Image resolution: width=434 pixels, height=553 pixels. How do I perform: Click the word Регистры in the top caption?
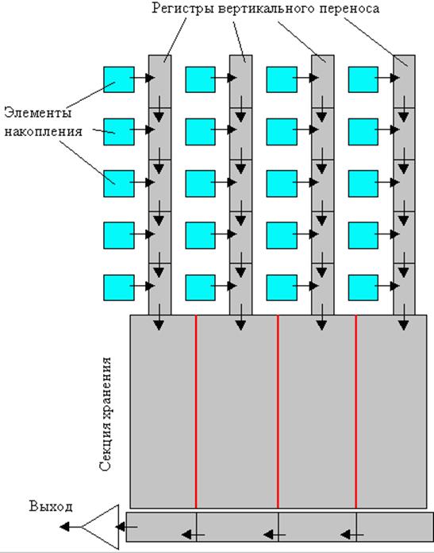coord(182,9)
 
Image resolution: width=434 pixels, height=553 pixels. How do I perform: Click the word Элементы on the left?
coord(38,113)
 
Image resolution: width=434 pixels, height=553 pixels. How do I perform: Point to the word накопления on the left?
coord(44,132)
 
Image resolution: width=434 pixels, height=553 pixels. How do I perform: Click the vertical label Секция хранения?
coord(106,414)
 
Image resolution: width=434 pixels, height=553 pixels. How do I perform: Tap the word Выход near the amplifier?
coord(51,506)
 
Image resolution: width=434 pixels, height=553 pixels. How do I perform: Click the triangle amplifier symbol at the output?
coord(101,527)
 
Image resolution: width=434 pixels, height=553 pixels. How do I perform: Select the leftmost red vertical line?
coord(196,412)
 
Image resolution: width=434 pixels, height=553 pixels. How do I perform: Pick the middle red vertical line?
coord(278,412)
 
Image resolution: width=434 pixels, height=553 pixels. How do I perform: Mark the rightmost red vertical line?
coord(355,412)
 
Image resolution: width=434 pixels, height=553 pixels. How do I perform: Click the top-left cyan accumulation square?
coord(119,79)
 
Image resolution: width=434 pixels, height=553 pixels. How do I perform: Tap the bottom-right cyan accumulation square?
coord(363,288)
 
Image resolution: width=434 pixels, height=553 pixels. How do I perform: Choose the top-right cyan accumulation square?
coord(363,79)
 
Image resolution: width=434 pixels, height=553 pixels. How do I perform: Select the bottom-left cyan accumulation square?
coord(119,288)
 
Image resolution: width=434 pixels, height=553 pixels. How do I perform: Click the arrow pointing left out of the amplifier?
coord(71,527)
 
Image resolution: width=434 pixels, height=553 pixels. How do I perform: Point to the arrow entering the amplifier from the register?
coord(126,528)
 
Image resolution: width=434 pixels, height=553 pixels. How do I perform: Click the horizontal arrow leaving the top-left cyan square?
coord(142,78)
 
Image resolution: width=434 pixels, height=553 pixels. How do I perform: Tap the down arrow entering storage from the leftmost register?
coord(159,317)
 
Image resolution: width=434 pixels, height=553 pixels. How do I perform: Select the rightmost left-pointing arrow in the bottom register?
coord(352,535)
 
